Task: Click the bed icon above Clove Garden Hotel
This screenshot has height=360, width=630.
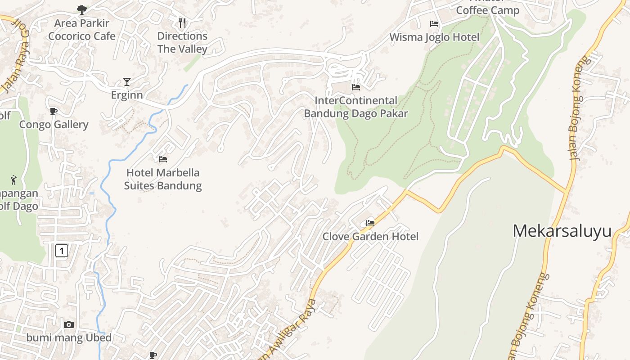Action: point(370,223)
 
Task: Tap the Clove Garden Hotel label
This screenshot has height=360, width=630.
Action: point(370,236)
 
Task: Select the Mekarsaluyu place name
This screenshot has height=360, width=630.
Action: point(562,231)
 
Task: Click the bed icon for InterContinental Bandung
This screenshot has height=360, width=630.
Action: point(356,87)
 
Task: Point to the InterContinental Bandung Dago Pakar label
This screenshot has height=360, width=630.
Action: point(356,107)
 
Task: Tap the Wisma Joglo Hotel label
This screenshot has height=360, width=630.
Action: point(434,37)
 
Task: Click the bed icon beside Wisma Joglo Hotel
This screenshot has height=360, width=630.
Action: point(434,24)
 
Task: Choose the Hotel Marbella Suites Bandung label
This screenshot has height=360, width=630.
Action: point(163,179)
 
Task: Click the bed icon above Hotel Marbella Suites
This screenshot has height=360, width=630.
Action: point(163,159)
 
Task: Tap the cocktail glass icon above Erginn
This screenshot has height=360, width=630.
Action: point(127,81)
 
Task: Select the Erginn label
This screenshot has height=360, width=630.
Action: point(127,95)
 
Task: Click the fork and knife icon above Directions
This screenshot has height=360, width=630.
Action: point(182,22)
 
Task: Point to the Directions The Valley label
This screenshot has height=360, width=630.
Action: point(182,42)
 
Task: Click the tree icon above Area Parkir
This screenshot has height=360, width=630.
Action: point(81,9)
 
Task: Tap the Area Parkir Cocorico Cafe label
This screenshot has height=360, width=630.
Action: point(82,29)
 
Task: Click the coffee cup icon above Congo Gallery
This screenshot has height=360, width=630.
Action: point(54,111)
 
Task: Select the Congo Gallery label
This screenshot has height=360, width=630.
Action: point(54,124)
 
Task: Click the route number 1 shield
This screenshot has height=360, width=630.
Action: point(62,250)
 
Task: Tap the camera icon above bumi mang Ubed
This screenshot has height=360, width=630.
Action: point(69,324)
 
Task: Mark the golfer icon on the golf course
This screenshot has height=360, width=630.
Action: point(13,180)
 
